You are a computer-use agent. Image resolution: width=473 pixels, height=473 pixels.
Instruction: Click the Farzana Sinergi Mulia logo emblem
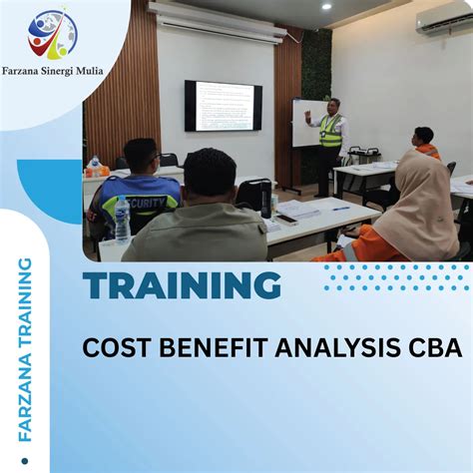tap(52, 35)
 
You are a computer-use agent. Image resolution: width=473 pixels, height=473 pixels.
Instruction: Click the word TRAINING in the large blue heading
tap(182, 285)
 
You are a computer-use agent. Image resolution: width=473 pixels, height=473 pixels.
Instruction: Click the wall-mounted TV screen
tap(224, 106)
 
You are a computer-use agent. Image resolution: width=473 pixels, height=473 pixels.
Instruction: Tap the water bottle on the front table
tap(122, 220)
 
